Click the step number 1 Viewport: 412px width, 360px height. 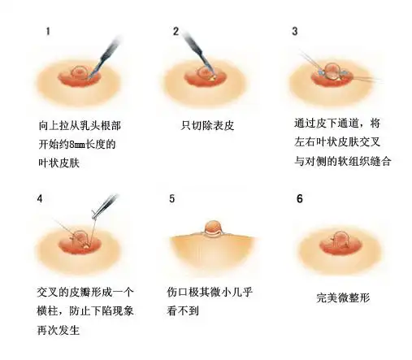49,32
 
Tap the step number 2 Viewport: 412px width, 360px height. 176,32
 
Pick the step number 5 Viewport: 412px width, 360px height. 172,198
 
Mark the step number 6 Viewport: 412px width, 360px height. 300,198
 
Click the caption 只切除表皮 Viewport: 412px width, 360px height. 207,126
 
